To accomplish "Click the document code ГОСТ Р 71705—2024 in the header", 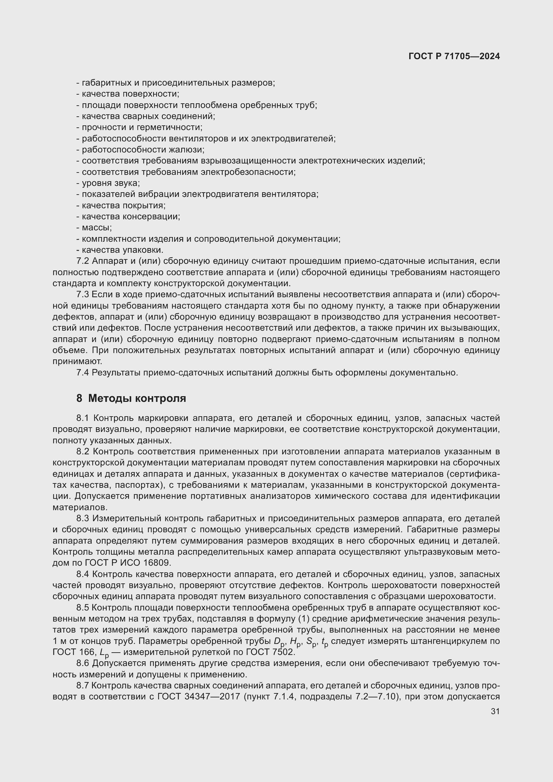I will coord(454,56).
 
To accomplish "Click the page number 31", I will coord(495,711).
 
